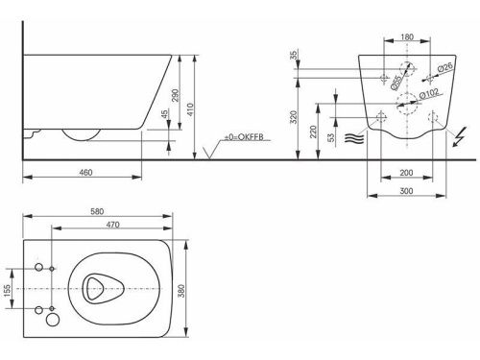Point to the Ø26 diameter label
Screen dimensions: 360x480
444,67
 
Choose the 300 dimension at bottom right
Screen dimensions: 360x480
409,192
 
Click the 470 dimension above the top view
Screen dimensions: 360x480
112,226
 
